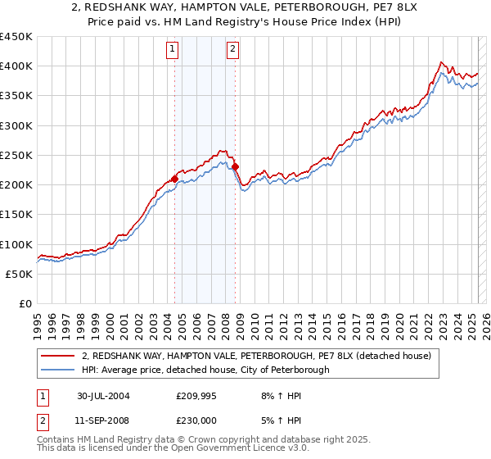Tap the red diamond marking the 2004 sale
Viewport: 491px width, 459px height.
tap(175, 178)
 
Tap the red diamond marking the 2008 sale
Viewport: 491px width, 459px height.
tap(236, 166)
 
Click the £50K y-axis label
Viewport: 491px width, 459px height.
tap(20, 274)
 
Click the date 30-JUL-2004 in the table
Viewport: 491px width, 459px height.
tap(103, 396)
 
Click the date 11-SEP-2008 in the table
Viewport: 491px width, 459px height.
tap(103, 420)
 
